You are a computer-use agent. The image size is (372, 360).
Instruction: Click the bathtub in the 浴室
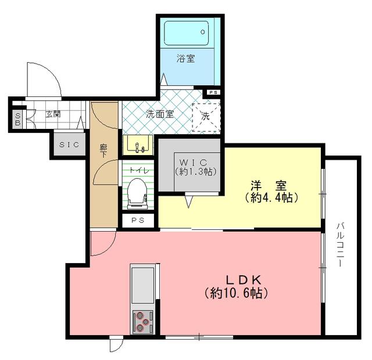click(186, 33)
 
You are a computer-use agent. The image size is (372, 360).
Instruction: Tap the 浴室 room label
click(186, 58)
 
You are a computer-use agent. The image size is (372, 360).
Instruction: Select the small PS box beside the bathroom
click(213, 93)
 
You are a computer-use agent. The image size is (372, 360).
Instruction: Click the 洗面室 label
click(160, 114)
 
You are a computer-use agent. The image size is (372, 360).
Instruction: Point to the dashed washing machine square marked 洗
click(206, 117)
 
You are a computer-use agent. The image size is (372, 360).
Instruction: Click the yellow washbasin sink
click(138, 145)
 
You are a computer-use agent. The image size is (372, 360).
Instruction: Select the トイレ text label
click(139, 170)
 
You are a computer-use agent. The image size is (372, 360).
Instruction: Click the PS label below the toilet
click(138, 221)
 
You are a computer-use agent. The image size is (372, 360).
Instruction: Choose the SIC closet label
click(69, 145)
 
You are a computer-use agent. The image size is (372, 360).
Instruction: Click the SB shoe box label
click(18, 119)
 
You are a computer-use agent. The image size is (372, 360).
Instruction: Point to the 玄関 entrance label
click(53, 114)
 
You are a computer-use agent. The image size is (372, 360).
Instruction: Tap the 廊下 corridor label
click(103, 151)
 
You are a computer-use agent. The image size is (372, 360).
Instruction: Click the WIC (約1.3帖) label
click(196, 167)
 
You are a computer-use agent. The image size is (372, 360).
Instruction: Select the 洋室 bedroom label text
click(269, 186)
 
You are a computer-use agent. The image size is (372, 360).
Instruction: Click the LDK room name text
click(243, 280)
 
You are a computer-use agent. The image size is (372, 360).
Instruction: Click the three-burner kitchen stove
click(142, 322)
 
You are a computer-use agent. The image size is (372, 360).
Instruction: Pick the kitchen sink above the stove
click(142, 285)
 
